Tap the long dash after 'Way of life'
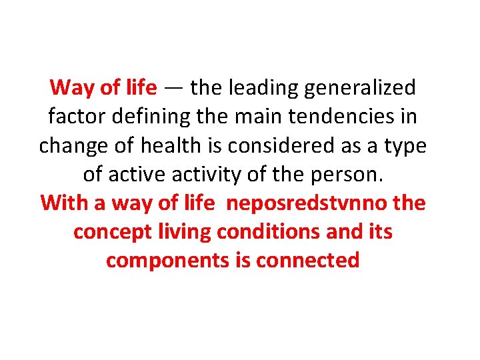[x=173, y=88]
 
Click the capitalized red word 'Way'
[x=69, y=88]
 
